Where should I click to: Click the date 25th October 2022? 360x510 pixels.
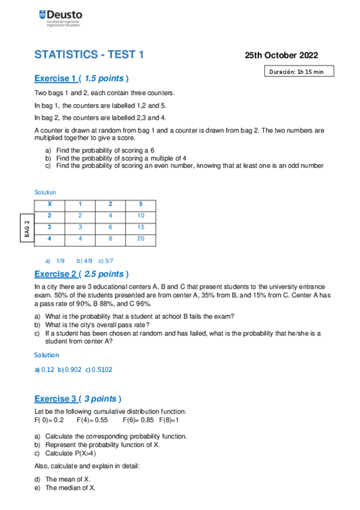pos(281,55)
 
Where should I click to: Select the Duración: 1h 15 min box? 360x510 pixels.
pos(296,72)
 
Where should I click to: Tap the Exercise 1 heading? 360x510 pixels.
pos(81,79)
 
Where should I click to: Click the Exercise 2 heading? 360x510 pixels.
pos(81,274)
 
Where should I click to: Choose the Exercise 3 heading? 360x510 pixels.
pos(78,399)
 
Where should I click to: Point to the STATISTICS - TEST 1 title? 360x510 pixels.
pos(90,55)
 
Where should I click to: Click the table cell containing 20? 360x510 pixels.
pos(141,238)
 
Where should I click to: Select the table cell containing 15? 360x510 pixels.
pos(141,227)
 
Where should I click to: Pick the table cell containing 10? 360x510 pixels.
pos(141,215)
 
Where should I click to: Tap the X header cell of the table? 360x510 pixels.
pos(49,204)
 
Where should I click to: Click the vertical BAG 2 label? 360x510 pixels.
pos(26,229)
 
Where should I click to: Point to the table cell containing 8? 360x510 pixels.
pos(110,238)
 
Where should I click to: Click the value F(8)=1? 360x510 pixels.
pos(169,420)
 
